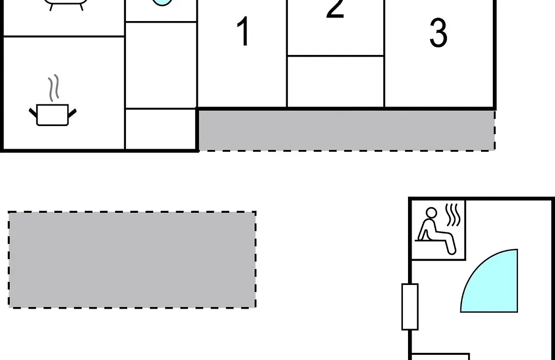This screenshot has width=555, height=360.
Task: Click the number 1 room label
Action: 243,31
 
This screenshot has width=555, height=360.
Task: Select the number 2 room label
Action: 335,8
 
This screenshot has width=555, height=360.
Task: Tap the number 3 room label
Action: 438,33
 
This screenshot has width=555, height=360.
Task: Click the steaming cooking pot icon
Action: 53,100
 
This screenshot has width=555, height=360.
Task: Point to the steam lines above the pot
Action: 53,87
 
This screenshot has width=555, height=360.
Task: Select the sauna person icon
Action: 437,231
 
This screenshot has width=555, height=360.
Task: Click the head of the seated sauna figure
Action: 431,213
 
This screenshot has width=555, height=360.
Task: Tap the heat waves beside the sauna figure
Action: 453,215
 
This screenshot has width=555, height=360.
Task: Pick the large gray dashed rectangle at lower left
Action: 132,260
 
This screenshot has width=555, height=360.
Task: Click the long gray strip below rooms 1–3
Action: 346,131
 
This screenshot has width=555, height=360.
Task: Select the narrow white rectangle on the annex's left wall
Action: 410,307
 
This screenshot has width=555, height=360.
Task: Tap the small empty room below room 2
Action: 336,81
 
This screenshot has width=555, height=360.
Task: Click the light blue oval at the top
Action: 162,3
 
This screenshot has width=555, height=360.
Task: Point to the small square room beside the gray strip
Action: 161,129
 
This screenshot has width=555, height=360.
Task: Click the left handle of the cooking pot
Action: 33,113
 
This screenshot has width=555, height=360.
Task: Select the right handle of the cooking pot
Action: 72,113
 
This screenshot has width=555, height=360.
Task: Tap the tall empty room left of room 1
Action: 161,65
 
